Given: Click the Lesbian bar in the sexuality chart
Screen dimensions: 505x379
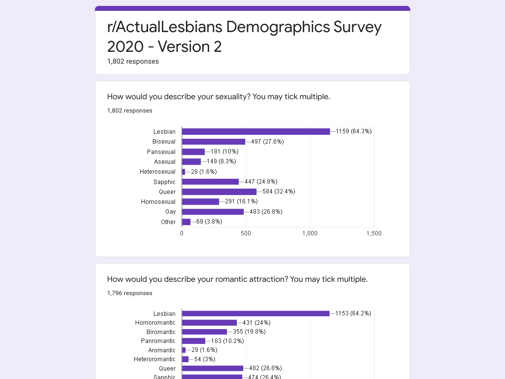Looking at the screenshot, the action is click(x=256, y=131).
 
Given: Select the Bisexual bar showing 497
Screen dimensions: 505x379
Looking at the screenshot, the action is click(x=214, y=142).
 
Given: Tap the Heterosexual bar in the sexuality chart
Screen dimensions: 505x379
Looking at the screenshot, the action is click(x=183, y=172).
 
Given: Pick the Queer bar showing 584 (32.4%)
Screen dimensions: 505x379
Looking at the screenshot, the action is click(x=219, y=192).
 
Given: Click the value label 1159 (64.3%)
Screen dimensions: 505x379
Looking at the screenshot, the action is click(x=354, y=131).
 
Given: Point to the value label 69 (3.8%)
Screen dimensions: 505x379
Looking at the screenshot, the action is click(x=209, y=222).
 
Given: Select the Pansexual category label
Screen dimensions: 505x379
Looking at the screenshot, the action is click(x=161, y=152).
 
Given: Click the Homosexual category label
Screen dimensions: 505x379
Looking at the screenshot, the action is click(x=158, y=202).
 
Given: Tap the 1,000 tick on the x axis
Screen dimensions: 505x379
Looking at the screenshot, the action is click(x=310, y=233).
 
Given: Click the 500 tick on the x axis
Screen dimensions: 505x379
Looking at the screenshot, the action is click(x=246, y=233).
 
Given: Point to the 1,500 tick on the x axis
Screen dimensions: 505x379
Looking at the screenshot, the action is click(x=374, y=233).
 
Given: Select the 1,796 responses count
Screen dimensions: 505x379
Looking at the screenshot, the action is click(x=130, y=293).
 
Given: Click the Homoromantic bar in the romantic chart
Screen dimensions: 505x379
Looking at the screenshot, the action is click(x=209, y=323).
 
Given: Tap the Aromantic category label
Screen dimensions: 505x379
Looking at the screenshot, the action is click(x=162, y=350).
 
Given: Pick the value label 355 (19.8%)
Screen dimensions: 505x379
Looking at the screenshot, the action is click(x=249, y=332).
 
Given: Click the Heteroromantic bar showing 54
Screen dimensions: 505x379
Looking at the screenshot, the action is click(x=185, y=359).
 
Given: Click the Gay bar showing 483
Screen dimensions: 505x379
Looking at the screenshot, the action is click(x=213, y=212).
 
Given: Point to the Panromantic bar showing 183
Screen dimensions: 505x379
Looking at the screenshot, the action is click(x=193, y=341).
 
